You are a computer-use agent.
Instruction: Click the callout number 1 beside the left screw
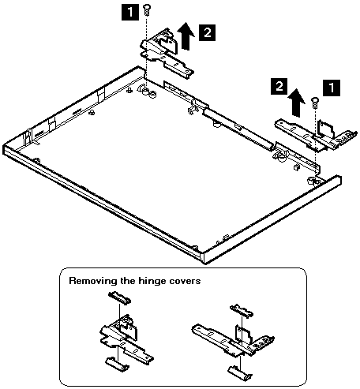point(130,13)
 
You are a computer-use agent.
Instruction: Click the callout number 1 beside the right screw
point(332,88)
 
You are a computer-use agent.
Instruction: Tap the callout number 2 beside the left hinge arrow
point(207,32)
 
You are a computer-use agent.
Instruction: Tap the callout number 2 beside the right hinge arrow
point(279,86)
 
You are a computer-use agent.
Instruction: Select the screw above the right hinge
point(315,103)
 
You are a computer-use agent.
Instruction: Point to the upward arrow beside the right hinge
point(296,103)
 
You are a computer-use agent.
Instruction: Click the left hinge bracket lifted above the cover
point(167,55)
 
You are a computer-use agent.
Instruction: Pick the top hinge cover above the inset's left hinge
point(120,297)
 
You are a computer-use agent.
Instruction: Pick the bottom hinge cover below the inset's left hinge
point(118,365)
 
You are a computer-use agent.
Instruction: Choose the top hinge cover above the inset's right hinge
point(242,311)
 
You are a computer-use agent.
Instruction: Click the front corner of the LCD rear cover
point(204,259)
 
